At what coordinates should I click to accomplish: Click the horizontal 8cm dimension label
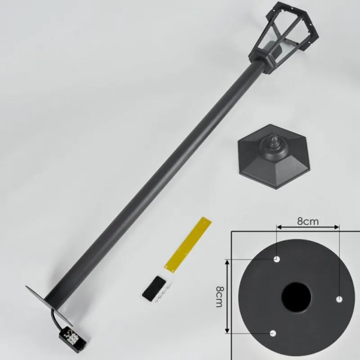(x=308, y=221)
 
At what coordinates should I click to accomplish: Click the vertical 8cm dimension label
(x=219, y=297)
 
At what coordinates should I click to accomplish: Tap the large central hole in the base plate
(x=296, y=297)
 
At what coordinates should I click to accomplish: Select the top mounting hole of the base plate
(x=277, y=260)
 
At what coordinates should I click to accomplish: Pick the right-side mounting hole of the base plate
(x=339, y=299)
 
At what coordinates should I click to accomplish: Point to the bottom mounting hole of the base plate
(x=273, y=333)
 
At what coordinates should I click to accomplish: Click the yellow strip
(x=188, y=244)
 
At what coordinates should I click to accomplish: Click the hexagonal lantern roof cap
(x=275, y=157)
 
